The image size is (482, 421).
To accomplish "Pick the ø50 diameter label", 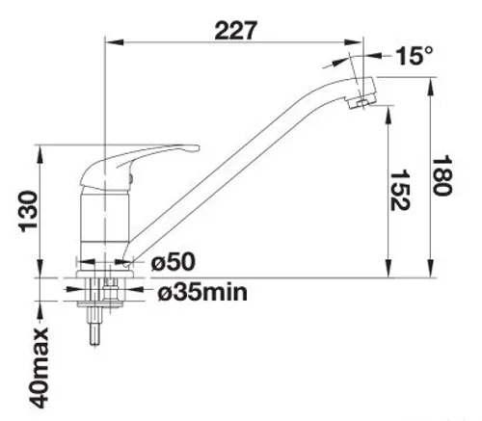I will [x=174, y=262].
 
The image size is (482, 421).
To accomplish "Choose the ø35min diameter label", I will [x=201, y=290].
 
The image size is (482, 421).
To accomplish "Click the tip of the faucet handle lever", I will [x=196, y=148].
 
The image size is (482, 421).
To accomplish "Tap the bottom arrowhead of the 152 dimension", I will [x=388, y=272].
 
